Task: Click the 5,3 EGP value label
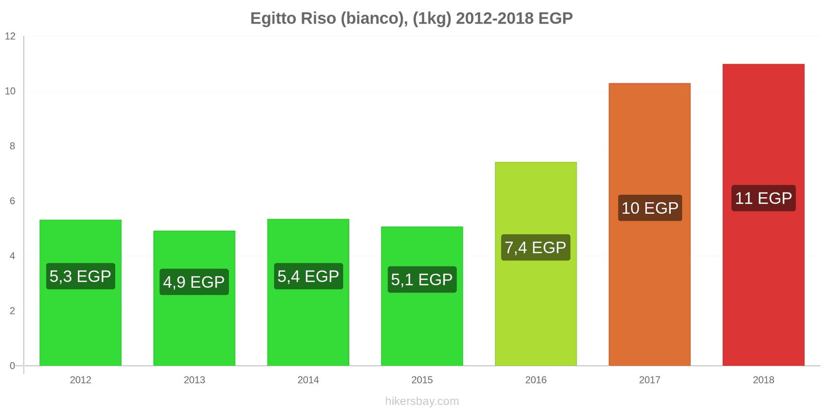[x=80, y=276]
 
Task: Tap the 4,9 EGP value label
[x=194, y=282]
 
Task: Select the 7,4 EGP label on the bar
[x=535, y=248]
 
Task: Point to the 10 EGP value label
[x=650, y=208]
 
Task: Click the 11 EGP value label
[x=763, y=198]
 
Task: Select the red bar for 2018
[x=763, y=288]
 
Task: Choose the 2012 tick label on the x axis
[x=80, y=380]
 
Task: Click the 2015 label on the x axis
[x=422, y=380]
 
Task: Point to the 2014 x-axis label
[x=308, y=380]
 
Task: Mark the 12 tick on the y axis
[x=10, y=36]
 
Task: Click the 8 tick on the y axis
[x=12, y=146]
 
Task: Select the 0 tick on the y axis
[x=12, y=366]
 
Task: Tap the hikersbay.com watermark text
[x=422, y=401]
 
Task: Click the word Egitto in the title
[x=273, y=18]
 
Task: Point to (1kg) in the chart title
[x=432, y=18]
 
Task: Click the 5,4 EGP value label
[x=308, y=276]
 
